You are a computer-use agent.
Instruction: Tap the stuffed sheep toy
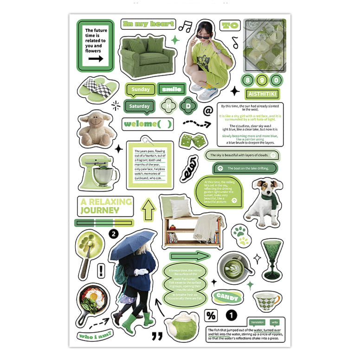tap(96, 129)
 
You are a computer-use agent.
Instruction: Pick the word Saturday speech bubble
tap(139, 106)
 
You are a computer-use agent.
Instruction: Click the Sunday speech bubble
tap(140, 89)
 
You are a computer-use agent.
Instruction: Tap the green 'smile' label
tap(172, 89)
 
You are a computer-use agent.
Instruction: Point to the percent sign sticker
tap(211, 316)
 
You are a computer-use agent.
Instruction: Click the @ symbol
tap(208, 111)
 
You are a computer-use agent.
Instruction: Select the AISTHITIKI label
tap(263, 94)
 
